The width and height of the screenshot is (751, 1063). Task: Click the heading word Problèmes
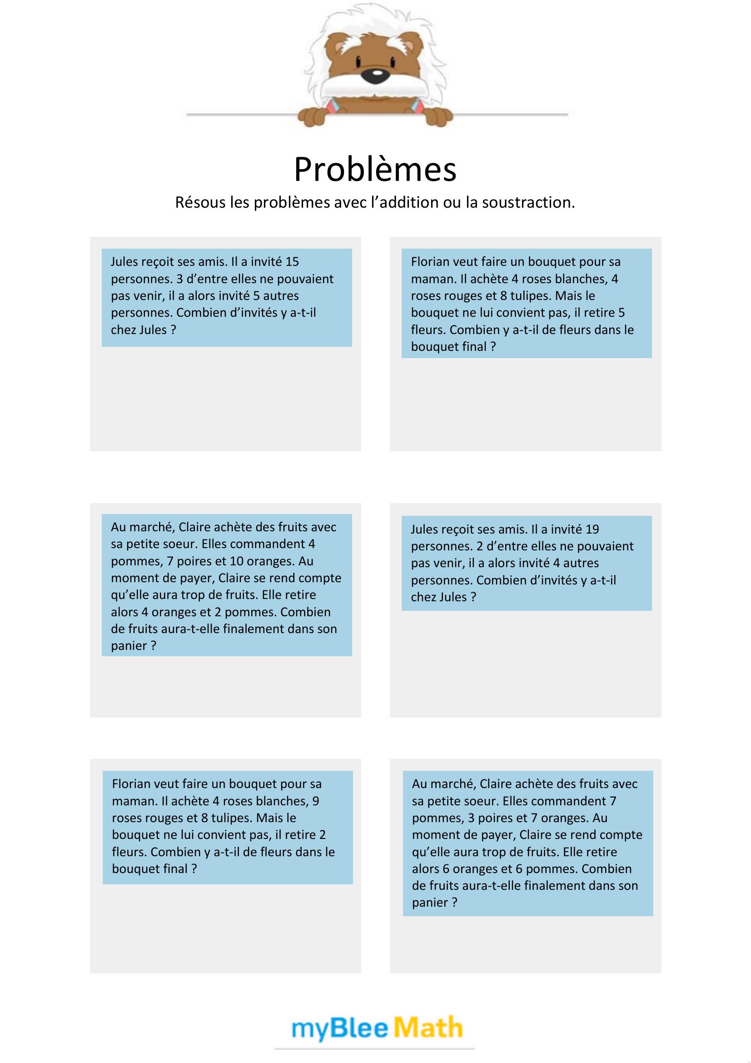(375, 170)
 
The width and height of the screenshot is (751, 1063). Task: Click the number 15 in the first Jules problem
(292, 262)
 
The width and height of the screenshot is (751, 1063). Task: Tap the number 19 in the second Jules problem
(592, 529)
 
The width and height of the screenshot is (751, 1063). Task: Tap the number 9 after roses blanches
(316, 800)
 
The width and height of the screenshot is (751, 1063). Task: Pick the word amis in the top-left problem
(212, 262)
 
